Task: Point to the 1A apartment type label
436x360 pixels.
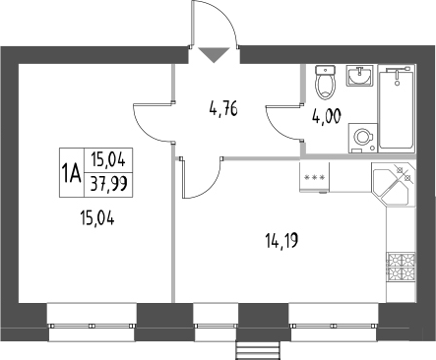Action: [71, 174]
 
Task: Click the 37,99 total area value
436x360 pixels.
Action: [111, 184]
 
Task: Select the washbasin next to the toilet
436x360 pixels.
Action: [358, 78]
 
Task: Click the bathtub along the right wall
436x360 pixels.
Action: [401, 107]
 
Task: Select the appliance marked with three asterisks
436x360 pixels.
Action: [315, 177]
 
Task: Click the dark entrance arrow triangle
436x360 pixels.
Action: [216, 55]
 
